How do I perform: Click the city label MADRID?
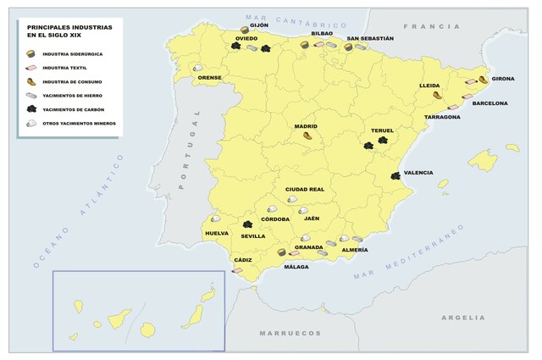306,126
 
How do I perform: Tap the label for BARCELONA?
489,103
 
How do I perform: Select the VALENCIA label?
418,173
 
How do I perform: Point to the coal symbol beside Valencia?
395,175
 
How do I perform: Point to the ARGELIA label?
462,318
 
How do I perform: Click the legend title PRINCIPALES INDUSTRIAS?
64,26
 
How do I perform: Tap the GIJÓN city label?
258,25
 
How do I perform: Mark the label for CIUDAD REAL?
305,189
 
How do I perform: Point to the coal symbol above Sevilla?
248,225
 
